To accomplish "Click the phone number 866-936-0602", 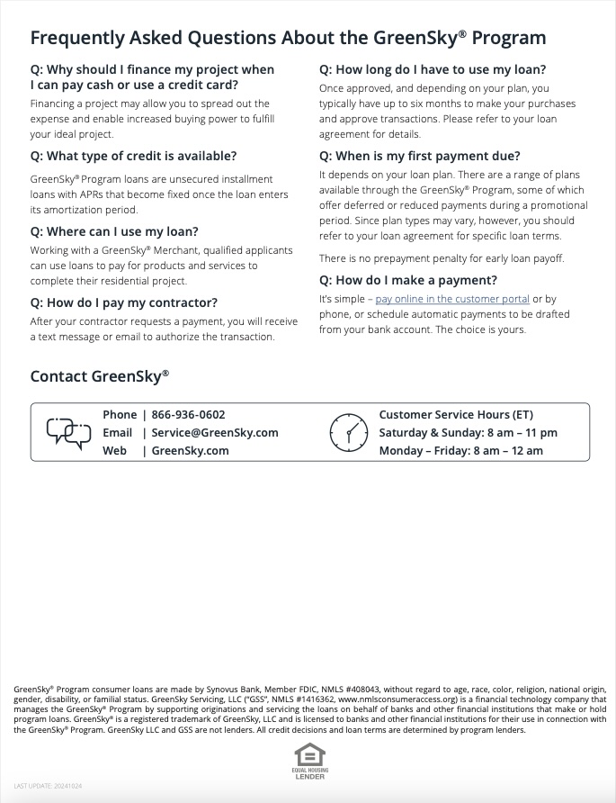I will coord(188,415).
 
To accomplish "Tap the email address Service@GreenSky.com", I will coord(215,433).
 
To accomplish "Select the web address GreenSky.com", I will coord(190,451).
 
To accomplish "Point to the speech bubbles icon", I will coord(68,433).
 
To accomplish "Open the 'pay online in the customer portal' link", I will coord(452,299).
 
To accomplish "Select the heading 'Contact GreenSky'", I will coord(99,376).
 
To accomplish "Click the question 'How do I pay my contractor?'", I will coord(123,302).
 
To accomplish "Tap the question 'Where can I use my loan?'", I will coord(114,231).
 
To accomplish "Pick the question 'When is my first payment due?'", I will coord(420,156).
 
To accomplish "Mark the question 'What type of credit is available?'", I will coord(133,156).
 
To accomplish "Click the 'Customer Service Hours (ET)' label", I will coord(456,415).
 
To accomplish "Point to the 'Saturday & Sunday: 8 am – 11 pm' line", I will coord(468,433).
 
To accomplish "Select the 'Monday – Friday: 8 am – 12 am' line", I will coord(460,451).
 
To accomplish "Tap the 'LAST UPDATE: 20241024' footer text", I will coord(48,786).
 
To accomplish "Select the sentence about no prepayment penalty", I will coord(442,258).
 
